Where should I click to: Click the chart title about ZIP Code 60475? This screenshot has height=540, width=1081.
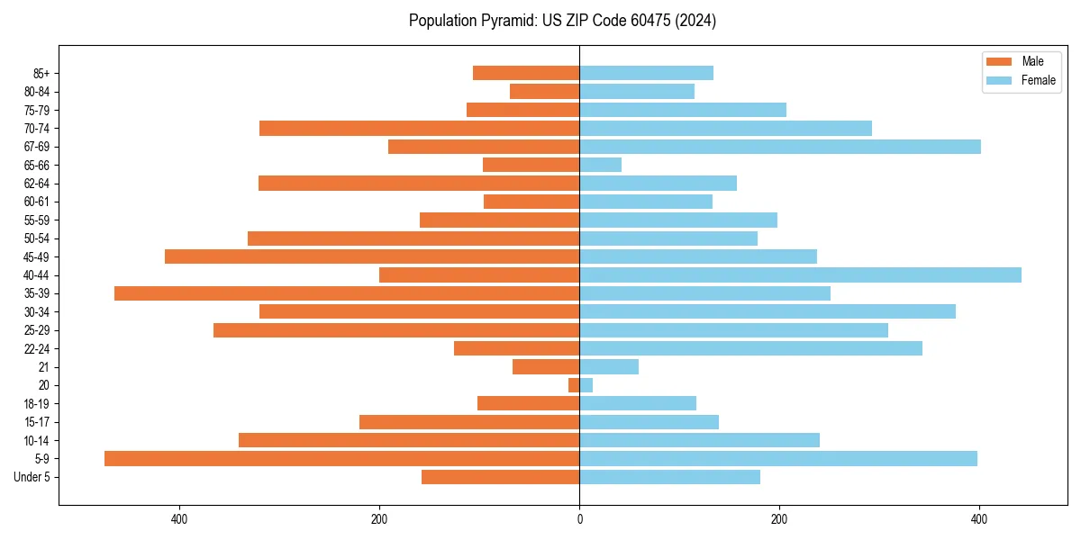click(562, 21)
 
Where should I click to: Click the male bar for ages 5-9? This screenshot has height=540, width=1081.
click(341, 459)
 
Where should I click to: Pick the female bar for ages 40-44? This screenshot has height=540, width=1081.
click(800, 275)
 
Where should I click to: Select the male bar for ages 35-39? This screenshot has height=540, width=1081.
click(347, 293)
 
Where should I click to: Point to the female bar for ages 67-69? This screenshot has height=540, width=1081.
click(780, 147)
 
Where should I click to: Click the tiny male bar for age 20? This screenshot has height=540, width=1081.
click(574, 385)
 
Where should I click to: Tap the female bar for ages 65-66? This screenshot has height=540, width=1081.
click(600, 165)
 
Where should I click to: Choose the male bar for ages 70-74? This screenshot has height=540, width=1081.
click(419, 129)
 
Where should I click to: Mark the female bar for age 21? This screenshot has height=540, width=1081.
click(609, 367)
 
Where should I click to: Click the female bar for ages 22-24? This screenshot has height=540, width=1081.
click(750, 348)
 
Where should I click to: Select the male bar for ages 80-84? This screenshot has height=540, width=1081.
click(544, 92)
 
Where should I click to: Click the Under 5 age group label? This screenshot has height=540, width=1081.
click(32, 477)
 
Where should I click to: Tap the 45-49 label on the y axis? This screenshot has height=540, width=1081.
click(37, 256)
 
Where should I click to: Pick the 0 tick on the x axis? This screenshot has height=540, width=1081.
click(579, 519)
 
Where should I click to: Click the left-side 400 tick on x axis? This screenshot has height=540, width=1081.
click(178, 519)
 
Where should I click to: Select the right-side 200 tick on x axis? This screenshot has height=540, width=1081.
click(779, 519)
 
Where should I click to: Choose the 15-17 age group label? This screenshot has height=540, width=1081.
click(37, 422)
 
